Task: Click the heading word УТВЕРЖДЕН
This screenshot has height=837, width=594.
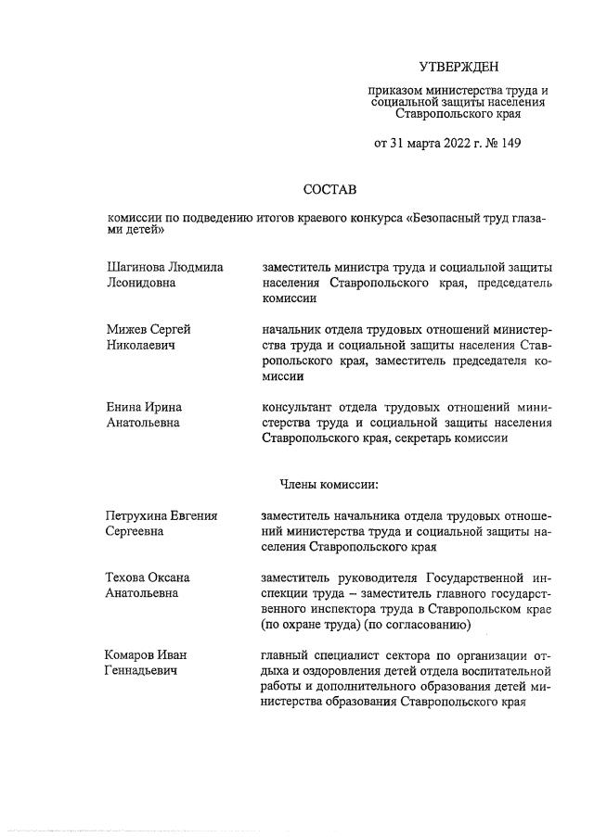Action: pyautogui.click(x=458, y=67)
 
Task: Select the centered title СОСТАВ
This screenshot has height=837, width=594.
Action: pyautogui.click(x=329, y=189)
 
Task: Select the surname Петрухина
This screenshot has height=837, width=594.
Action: pyautogui.click(x=142, y=515)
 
